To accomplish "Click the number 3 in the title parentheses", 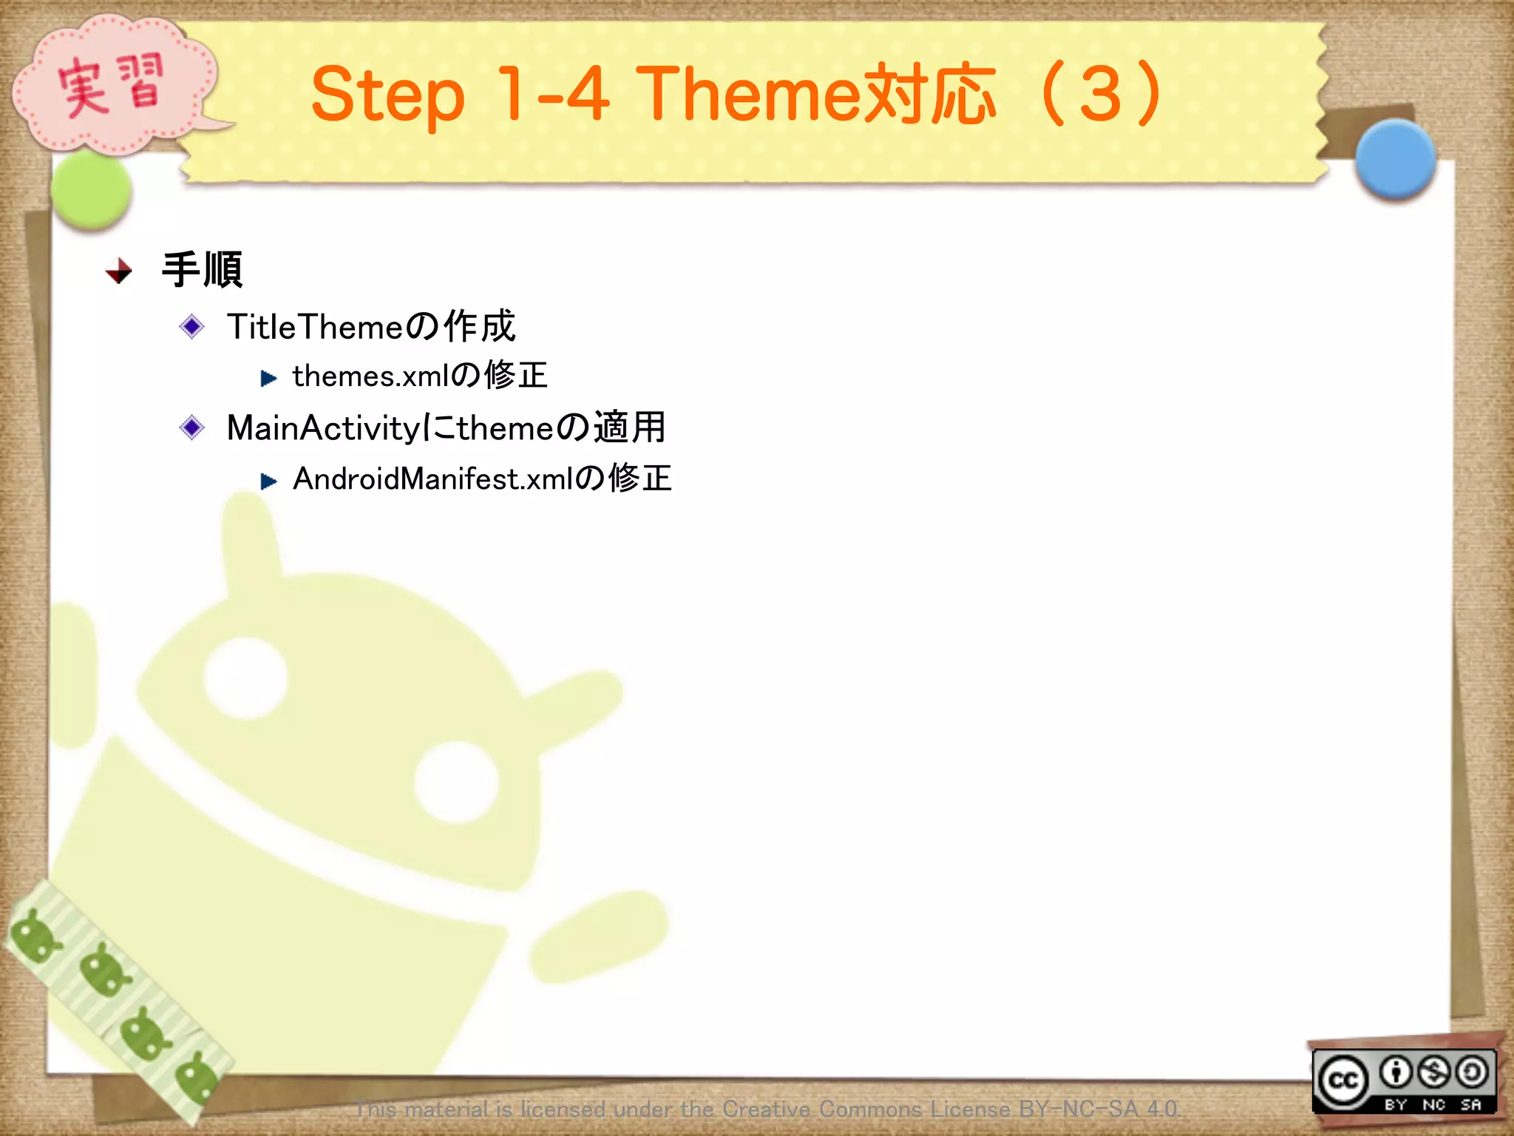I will (x=1100, y=95).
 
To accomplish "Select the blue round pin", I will (x=1395, y=159).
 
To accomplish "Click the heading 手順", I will (x=202, y=270).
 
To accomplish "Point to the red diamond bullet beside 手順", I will (x=119, y=271).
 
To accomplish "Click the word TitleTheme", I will (x=314, y=327).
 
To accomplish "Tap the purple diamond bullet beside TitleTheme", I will (x=192, y=326).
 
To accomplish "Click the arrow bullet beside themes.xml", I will (x=268, y=379).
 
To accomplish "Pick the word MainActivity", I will (x=323, y=428).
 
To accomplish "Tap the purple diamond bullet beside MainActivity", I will (x=192, y=427).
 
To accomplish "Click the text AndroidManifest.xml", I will (x=432, y=479).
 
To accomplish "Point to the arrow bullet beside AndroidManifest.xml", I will (x=268, y=481).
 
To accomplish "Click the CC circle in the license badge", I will (x=1343, y=1081).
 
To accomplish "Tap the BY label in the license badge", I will (x=1395, y=1104).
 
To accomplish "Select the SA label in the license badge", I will (x=1470, y=1104).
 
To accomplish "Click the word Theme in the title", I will (x=748, y=95).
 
